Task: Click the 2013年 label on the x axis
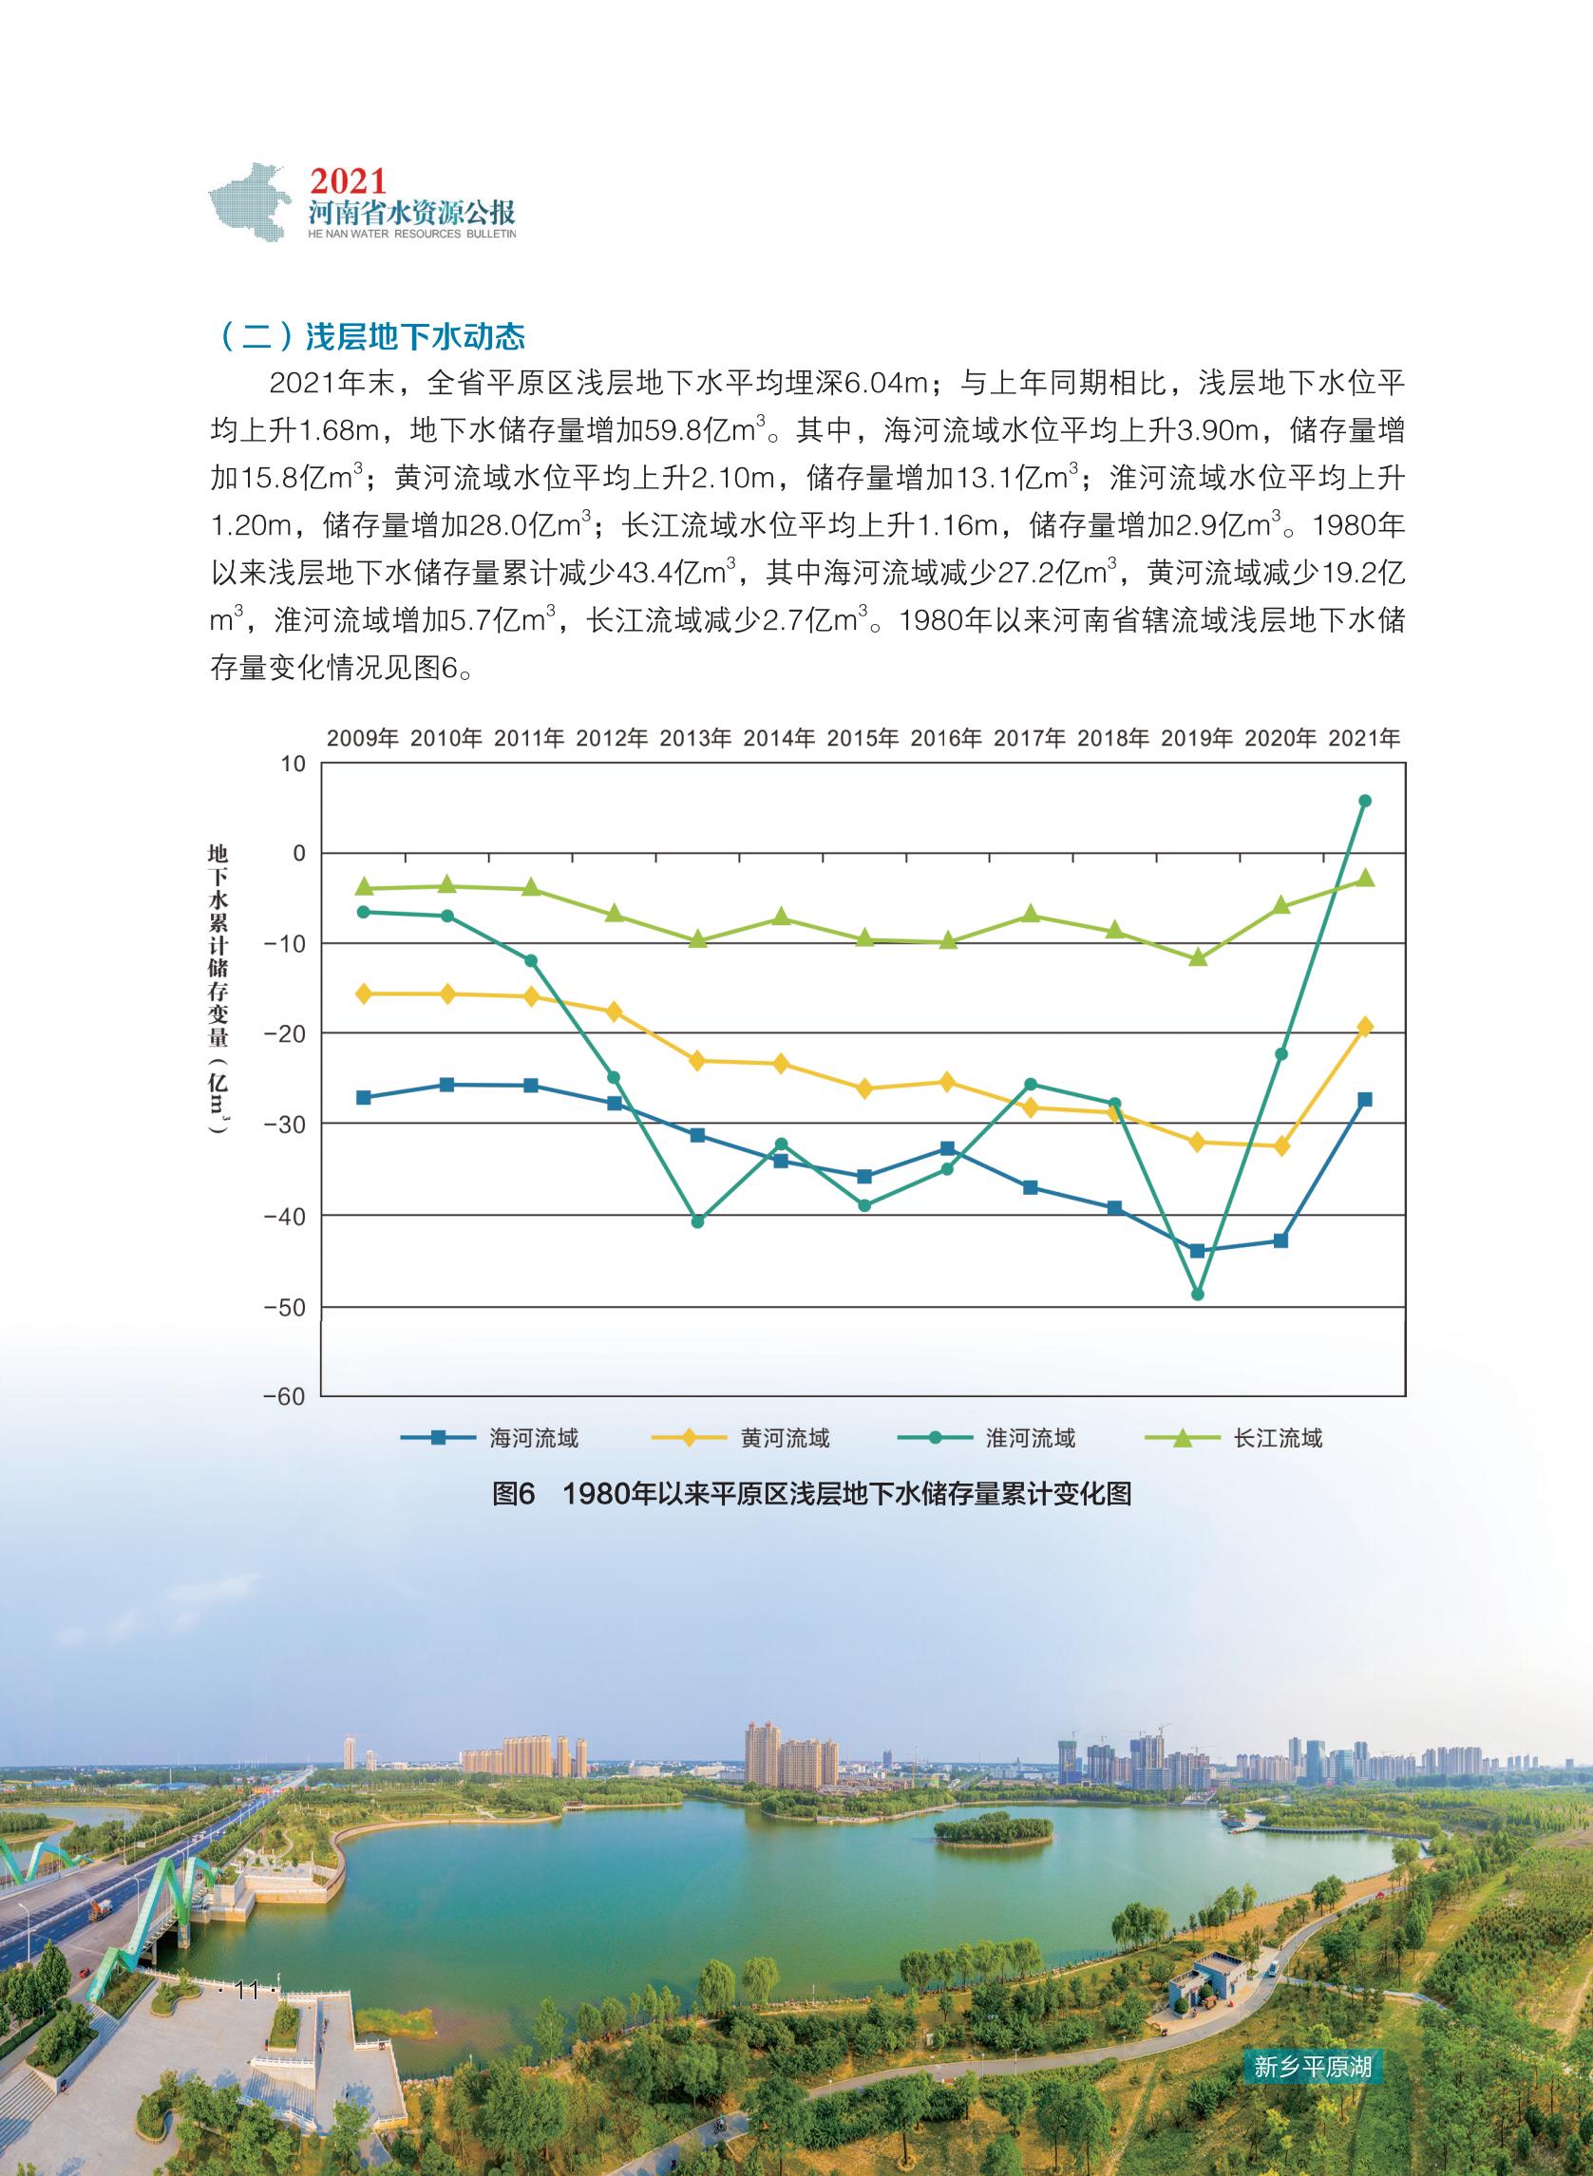tap(695, 739)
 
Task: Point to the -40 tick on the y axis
tap(285, 1217)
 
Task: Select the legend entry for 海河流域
tap(490, 1438)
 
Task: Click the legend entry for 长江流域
tap(1234, 1438)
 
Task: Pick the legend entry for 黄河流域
tap(740, 1438)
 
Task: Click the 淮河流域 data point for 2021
tap(1364, 801)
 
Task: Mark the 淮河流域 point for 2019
tap(1198, 1294)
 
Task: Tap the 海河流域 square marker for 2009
tap(364, 1097)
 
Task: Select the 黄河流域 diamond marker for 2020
tap(1281, 1146)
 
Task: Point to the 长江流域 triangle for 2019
tap(1198, 957)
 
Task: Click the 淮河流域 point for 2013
tap(697, 1220)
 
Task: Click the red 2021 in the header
tap(348, 180)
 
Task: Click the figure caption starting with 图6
tap(811, 1494)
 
